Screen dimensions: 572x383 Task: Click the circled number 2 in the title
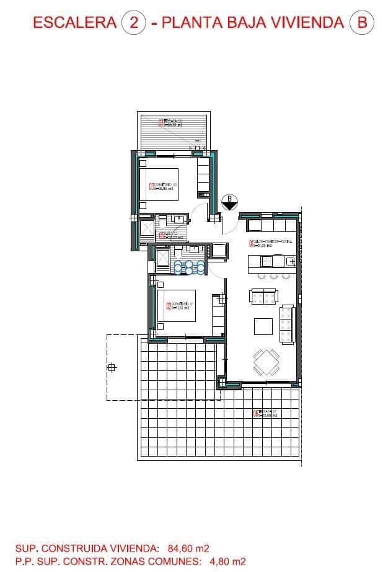click(x=133, y=23)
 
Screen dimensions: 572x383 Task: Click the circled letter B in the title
click(x=361, y=23)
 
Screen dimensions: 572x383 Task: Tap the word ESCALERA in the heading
click(x=74, y=23)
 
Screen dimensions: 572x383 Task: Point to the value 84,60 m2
click(x=188, y=548)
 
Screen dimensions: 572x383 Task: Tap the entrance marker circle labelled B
click(x=229, y=200)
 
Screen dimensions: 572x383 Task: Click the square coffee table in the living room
click(x=263, y=326)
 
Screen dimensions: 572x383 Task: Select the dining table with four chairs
click(x=265, y=362)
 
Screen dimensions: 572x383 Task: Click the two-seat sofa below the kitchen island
click(x=263, y=297)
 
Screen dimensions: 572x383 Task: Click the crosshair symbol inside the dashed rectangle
click(x=112, y=367)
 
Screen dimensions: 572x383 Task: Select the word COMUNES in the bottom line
click(x=172, y=561)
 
